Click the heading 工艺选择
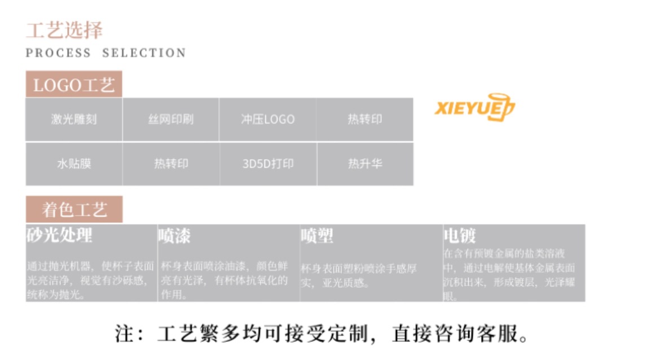(x=64, y=30)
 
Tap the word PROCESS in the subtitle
(x=58, y=53)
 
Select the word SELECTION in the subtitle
(x=144, y=53)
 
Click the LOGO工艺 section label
(x=74, y=85)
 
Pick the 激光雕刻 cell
(x=74, y=120)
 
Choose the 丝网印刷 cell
(x=171, y=120)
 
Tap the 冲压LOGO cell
(x=267, y=120)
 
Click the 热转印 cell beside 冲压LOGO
(x=365, y=120)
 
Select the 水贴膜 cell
(x=74, y=164)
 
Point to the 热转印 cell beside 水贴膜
(x=171, y=164)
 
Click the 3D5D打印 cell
(x=268, y=164)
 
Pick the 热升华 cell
(x=365, y=164)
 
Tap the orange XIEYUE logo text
(x=464, y=107)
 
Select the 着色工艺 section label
(x=74, y=210)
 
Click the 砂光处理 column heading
(x=59, y=234)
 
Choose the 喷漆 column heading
(x=174, y=235)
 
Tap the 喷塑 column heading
(x=317, y=235)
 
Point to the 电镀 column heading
(x=460, y=235)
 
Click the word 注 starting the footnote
(x=125, y=333)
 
